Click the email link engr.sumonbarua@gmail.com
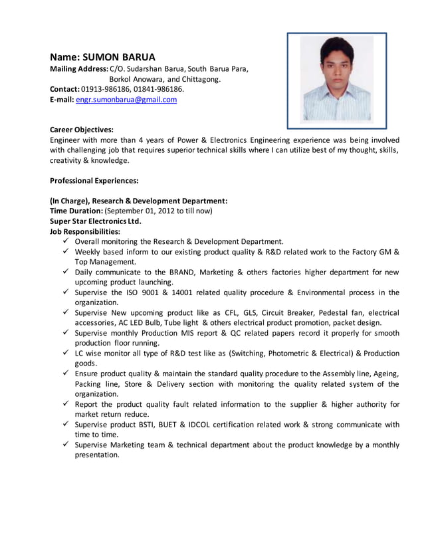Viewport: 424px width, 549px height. [x=126, y=100]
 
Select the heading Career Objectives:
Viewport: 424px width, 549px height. [x=82, y=130]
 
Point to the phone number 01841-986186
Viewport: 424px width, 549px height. [x=158, y=89]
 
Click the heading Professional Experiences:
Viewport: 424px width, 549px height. [x=94, y=180]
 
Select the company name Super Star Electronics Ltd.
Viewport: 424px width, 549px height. [x=96, y=221]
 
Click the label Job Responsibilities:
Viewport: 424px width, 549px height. [x=85, y=231]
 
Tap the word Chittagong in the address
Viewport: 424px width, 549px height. [x=199, y=79]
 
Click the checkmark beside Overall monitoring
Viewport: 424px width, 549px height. [x=66, y=241]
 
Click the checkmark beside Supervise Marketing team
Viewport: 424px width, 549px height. [x=66, y=445]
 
